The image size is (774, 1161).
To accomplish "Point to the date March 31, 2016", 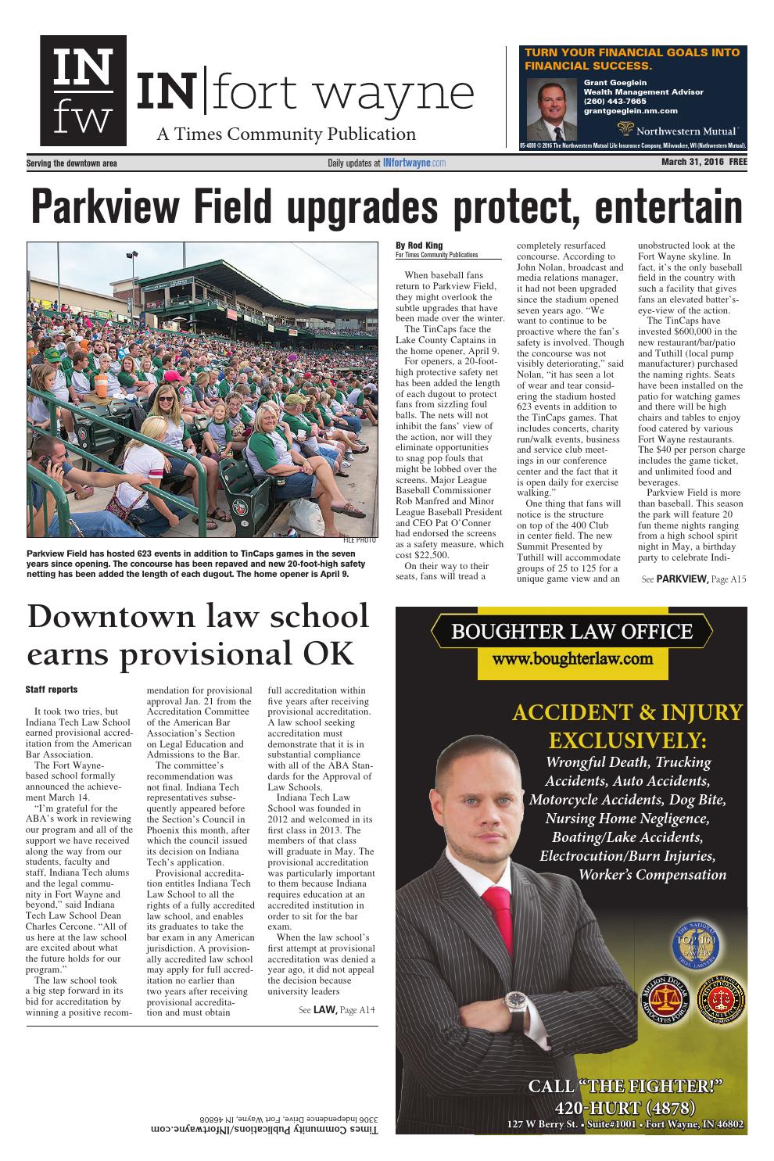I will click(x=683, y=163).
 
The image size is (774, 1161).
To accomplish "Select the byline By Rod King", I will click(x=419, y=245).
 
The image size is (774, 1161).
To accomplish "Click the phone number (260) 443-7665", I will click(x=615, y=101).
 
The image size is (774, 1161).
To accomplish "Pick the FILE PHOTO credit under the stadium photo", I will click(x=360, y=540).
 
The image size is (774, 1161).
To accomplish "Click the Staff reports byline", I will click(x=52, y=689).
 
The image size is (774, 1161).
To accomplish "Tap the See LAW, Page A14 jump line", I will click(x=337, y=1010).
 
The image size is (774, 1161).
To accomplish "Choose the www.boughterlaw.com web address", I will click(x=572, y=658).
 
